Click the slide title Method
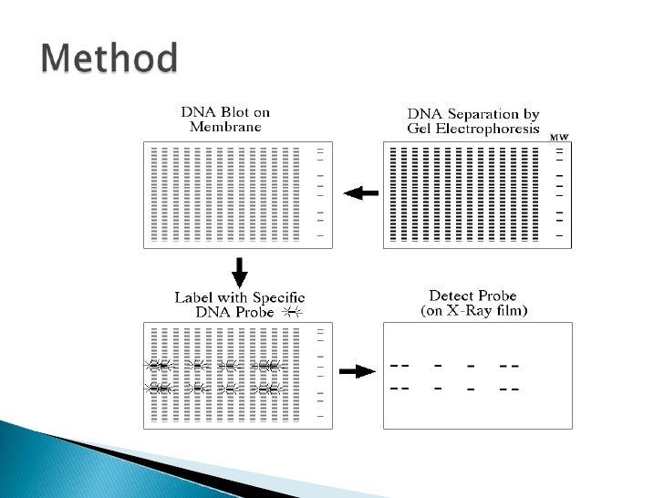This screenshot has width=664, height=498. [x=109, y=60]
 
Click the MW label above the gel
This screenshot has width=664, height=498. [x=559, y=137]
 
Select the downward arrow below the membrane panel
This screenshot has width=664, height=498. [x=240, y=271]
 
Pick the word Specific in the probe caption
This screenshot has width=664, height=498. [x=275, y=297]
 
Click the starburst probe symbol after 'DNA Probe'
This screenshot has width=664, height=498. [x=292, y=312]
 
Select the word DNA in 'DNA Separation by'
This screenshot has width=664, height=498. [x=425, y=114]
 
